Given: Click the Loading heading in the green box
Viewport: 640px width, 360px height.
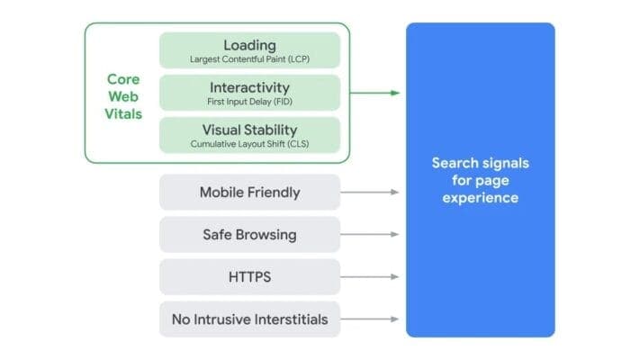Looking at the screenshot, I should click(249, 44).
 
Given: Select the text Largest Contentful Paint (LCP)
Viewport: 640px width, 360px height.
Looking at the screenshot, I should click(249, 59).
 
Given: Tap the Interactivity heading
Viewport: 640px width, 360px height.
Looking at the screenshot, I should click(249, 87).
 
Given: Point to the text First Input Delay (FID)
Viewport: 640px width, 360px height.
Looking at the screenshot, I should click(249, 102).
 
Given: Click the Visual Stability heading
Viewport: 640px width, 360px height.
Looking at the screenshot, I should click(249, 129).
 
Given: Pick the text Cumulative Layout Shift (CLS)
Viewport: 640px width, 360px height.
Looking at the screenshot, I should click(249, 144).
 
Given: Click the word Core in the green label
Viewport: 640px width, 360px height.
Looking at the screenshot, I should click(124, 79).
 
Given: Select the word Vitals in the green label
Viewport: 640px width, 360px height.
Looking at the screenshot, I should click(124, 114).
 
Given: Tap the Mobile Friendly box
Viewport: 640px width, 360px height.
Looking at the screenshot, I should click(249, 193).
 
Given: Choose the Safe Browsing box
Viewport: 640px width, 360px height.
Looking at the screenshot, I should click(249, 235).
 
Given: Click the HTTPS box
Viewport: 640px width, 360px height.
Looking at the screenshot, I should click(249, 277).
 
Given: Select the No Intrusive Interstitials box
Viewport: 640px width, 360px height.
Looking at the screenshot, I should click(249, 319).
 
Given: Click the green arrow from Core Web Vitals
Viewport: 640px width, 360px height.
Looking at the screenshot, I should click(374, 93).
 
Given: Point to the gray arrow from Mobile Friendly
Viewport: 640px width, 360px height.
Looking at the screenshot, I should click(370, 193).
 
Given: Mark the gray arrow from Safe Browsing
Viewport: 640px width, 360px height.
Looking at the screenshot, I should click(370, 235).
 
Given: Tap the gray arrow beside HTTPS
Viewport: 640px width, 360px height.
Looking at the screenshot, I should click(370, 277).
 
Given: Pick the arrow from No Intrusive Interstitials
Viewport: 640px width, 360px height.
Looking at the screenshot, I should click(370, 319).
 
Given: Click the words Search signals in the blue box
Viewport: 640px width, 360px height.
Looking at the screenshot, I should click(480, 163).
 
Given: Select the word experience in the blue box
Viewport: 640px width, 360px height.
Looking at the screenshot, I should click(480, 197).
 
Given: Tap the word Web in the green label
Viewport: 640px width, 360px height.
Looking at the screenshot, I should click(124, 96).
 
